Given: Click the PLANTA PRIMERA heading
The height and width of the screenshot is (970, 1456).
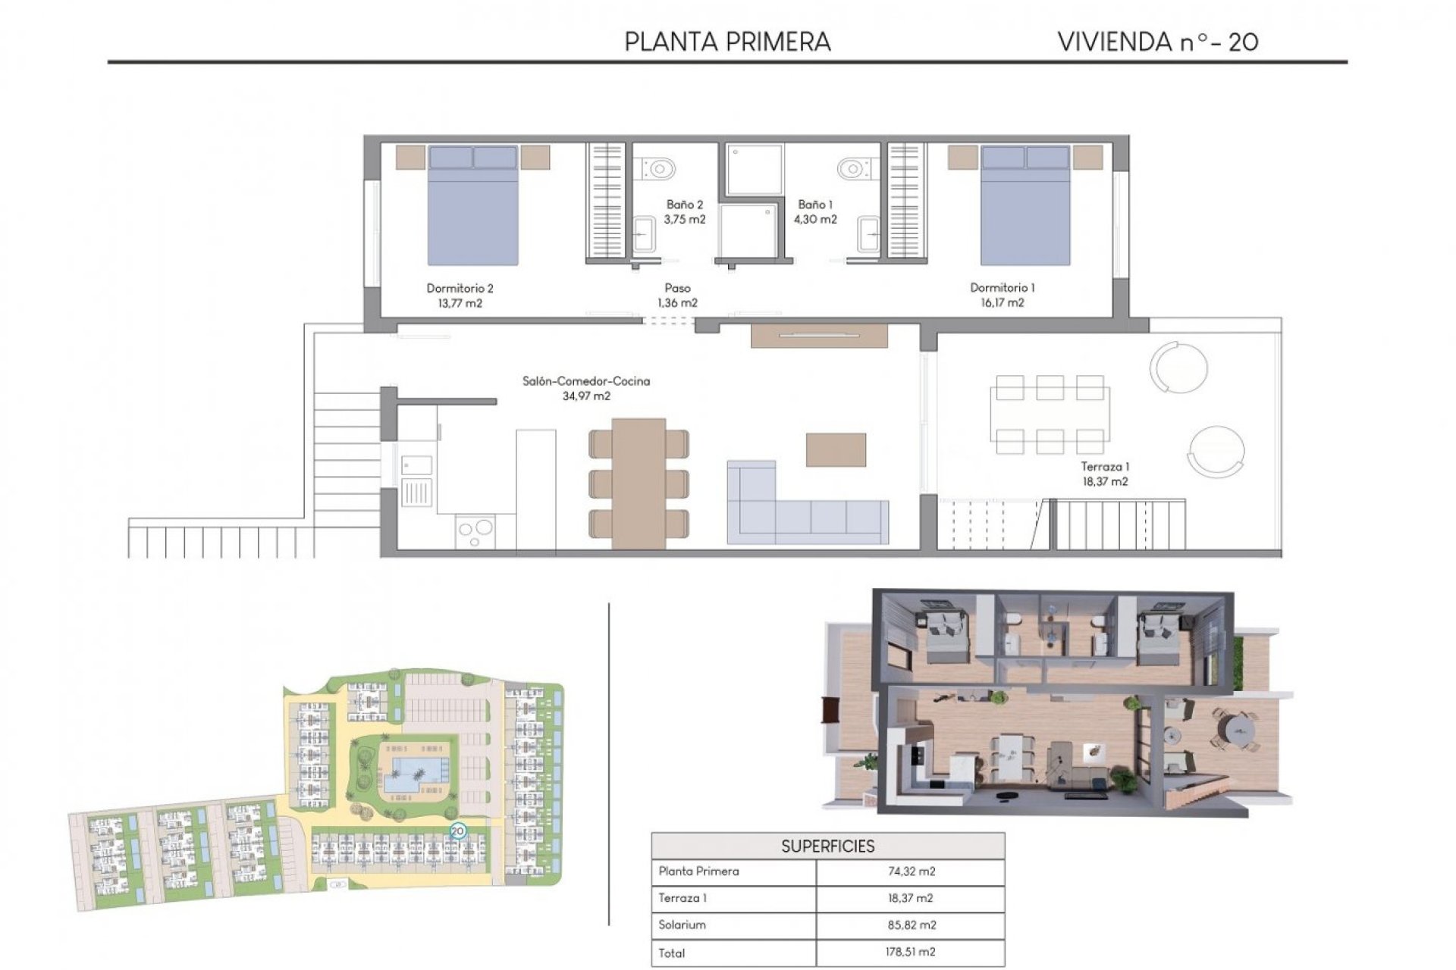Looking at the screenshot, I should [x=727, y=42].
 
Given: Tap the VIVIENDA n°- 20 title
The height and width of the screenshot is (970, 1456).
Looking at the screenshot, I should [x=1157, y=42].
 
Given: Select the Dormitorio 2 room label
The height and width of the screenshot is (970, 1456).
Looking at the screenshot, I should [x=460, y=288].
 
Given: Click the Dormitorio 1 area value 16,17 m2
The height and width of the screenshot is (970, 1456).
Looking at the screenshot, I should [x=1002, y=302].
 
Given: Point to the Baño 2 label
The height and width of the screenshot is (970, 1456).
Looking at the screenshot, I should [x=685, y=205].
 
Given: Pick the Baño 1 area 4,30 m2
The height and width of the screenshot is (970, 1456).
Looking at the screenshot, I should [x=815, y=219].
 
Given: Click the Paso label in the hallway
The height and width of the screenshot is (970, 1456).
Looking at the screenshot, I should [x=677, y=288].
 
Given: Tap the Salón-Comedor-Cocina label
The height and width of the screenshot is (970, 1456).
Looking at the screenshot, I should [x=586, y=381].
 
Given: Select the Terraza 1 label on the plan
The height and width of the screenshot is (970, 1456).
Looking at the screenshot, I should [x=1105, y=467].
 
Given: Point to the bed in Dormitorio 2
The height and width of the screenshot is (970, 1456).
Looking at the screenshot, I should [x=473, y=206].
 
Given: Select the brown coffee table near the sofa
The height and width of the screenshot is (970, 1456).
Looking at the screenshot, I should [x=836, y=449].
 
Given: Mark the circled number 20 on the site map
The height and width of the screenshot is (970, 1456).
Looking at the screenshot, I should [x=457, y=831].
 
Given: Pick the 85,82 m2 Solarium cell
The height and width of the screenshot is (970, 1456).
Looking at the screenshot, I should [x=911, y=925].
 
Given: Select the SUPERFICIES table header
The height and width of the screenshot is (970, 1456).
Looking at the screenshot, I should [x=827, y=846].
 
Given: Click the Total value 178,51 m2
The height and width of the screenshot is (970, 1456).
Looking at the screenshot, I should [x=911, y=952].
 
